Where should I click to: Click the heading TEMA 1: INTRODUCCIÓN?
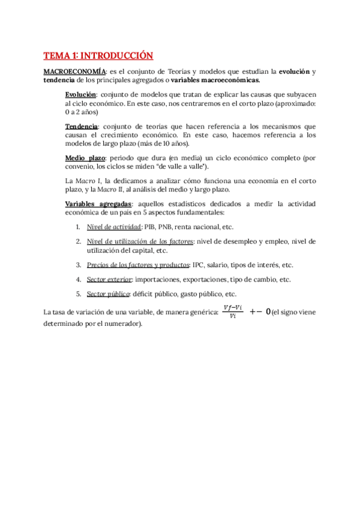pos(98,56)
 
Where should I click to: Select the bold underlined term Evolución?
pos(80,94)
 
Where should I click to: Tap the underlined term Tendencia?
pos(82,127)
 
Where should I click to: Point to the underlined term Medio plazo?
pos(85,157)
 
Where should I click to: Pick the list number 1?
pos(79,227)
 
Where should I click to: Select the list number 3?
pos(79,265)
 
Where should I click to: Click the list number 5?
pos(79,294)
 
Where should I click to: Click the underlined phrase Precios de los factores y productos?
pos(137,265)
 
